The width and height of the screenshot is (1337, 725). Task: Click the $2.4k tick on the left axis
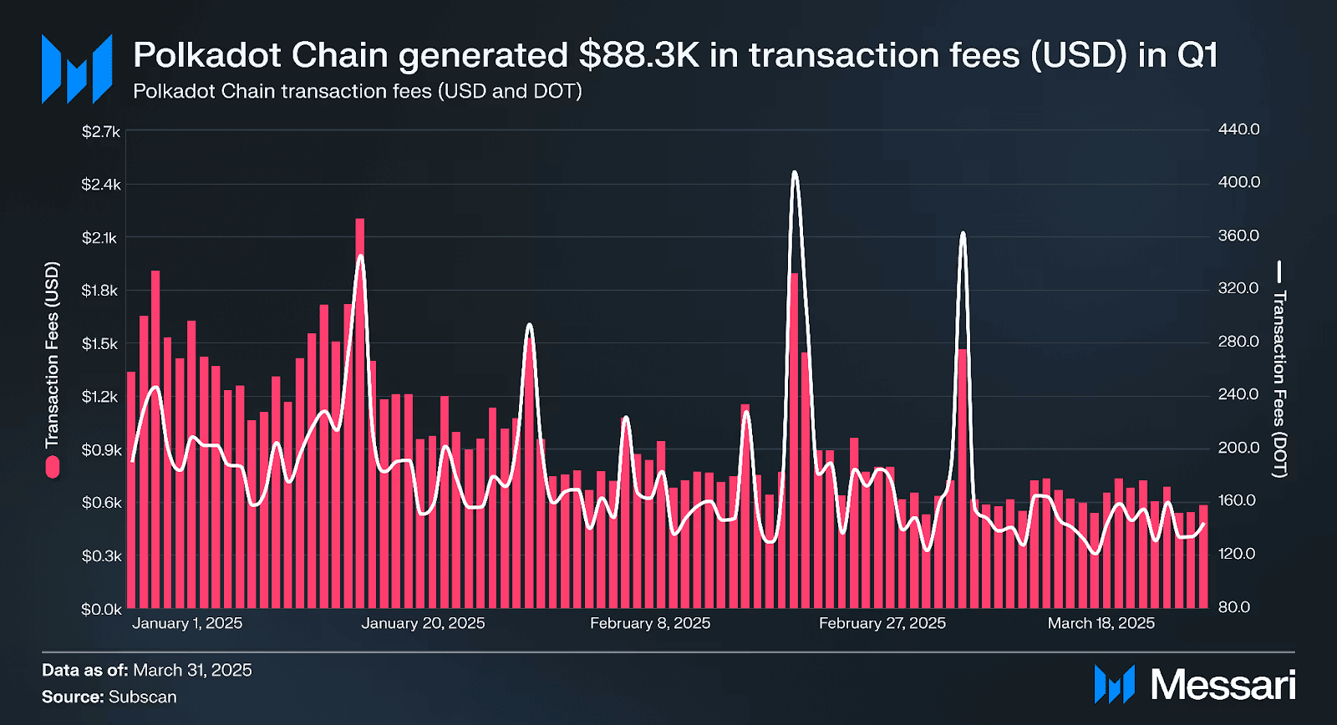tap(100, 185)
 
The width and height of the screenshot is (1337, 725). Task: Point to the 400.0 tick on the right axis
tap(1238, 182)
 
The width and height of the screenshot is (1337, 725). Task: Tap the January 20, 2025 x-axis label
tap(423, 623)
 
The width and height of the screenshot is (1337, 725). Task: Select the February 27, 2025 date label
tap(882, 623)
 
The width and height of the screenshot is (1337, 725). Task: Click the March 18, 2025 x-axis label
tap(1101, 623)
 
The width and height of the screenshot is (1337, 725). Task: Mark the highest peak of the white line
tap(795, 173)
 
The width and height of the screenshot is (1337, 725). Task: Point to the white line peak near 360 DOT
tap(963, 233)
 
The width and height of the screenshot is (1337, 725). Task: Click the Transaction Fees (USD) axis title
tap(52, 354)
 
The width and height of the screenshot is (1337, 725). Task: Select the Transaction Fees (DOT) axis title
tap(1279, 383)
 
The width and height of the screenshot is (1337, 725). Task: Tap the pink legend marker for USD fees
tap(53, 467)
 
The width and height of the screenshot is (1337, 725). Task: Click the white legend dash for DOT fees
tap(1279, 272)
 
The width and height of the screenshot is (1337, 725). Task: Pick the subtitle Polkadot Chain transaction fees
tap(357, 91)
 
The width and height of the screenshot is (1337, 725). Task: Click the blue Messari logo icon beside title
tap(77, 68)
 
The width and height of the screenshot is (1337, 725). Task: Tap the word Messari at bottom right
tap(1223, 685)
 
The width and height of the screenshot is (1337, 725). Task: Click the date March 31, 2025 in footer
tap(192, 670)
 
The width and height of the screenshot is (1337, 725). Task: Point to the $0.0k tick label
tap(100, 610)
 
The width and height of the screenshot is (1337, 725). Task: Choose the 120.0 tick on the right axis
tap(1237, 554)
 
